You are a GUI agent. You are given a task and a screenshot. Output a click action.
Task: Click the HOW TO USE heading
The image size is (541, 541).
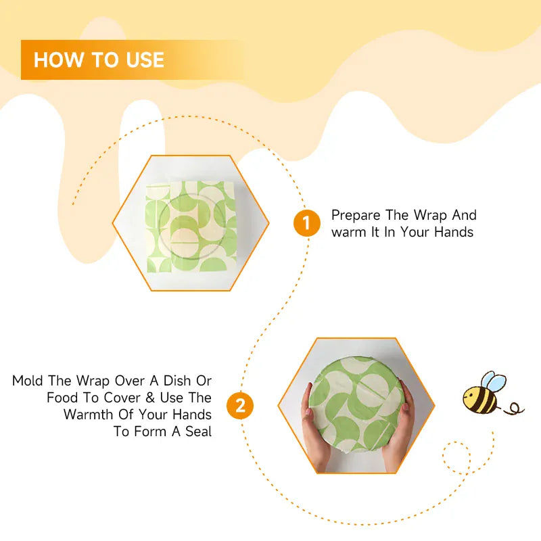[99, 60]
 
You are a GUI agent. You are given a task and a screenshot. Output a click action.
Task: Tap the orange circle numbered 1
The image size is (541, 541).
[306, 223]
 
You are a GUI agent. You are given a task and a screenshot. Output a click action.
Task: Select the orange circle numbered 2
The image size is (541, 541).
[240, 406]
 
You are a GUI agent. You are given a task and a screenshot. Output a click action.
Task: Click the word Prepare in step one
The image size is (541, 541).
[356, 216]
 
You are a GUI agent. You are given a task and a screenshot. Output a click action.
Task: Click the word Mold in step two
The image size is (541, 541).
[28, 381]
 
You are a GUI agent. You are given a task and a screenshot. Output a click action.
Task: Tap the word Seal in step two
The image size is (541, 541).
[196, 431]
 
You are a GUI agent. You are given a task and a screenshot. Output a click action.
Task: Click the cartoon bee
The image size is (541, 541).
[481, 395]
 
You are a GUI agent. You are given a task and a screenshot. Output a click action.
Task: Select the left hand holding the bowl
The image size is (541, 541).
[313, 425]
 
